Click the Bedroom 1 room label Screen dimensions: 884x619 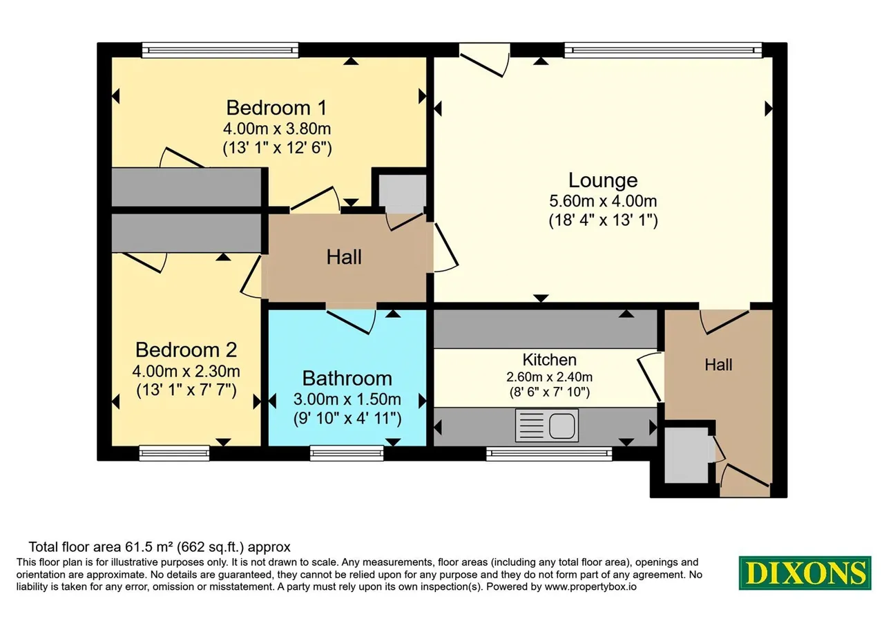pos(276,108)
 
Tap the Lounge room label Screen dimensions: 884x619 pos(603,180)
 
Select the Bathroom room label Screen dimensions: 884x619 pos(347,379)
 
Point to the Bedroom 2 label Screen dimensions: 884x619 pos(186,350)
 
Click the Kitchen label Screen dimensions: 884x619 pos(549,360)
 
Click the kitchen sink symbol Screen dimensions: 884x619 pos(546,426)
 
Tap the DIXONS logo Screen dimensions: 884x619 pos(805,573)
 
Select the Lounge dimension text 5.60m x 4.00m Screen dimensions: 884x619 pos(603,201)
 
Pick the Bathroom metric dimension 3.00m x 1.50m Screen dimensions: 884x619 pos(347,399)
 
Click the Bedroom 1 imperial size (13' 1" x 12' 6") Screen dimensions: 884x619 pos(277,148)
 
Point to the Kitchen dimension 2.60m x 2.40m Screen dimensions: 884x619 pos(549,377)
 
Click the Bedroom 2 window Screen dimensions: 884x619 pos(174,453)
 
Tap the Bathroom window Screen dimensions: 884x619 pos(347,453)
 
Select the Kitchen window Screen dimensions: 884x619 pos(549,453)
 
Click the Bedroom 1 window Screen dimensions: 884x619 pos(220,50)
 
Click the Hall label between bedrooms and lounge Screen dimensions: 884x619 pos(344,258)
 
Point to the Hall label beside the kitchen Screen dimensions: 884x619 pos(718,365)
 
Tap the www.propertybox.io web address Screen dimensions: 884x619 pos(590,587)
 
